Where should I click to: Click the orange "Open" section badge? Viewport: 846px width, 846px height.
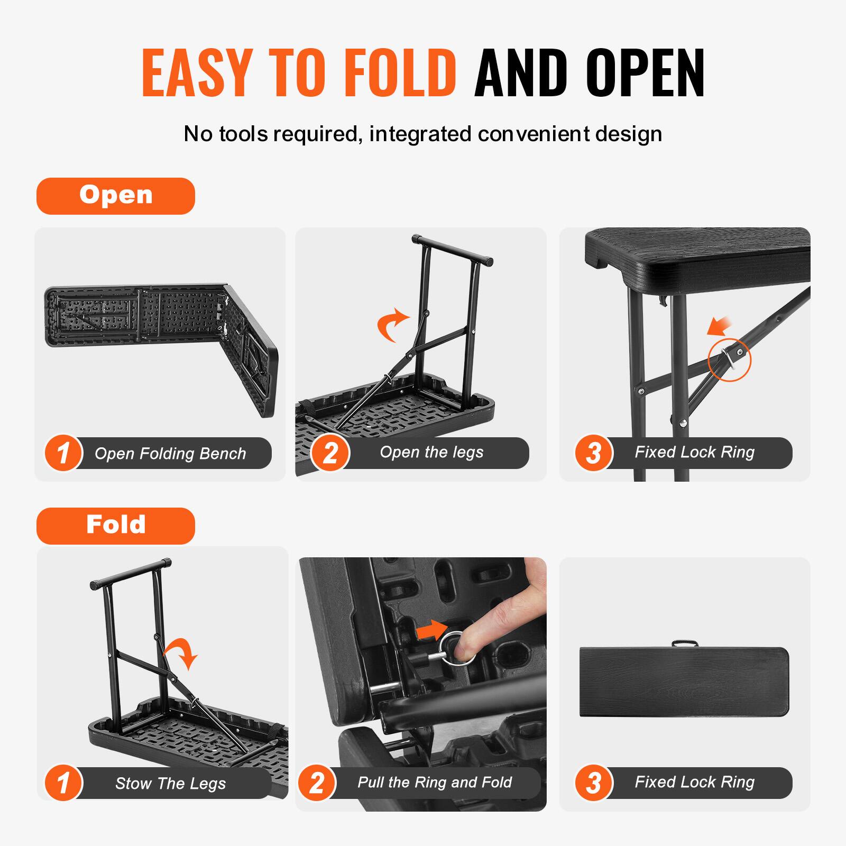tap(115, 196)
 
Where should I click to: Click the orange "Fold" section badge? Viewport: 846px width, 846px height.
tap(115, 526)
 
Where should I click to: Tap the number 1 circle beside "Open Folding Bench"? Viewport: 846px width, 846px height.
tap(63, 453)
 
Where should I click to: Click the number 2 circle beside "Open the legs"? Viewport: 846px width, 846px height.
tap(330, 453)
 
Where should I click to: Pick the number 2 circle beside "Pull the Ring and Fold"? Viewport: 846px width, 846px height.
tap(316, 783)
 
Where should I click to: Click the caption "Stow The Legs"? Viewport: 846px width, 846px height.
tap(170, 783)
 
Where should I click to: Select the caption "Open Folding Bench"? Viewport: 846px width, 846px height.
tap(170, 454)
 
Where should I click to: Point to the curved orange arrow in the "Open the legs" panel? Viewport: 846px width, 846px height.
tap(392, 325)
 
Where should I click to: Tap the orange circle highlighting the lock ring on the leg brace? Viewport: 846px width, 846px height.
tap(729, 359)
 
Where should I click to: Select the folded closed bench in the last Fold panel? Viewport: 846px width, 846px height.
tap(685, 682)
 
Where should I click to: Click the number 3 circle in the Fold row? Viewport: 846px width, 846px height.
tap(594, 783)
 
